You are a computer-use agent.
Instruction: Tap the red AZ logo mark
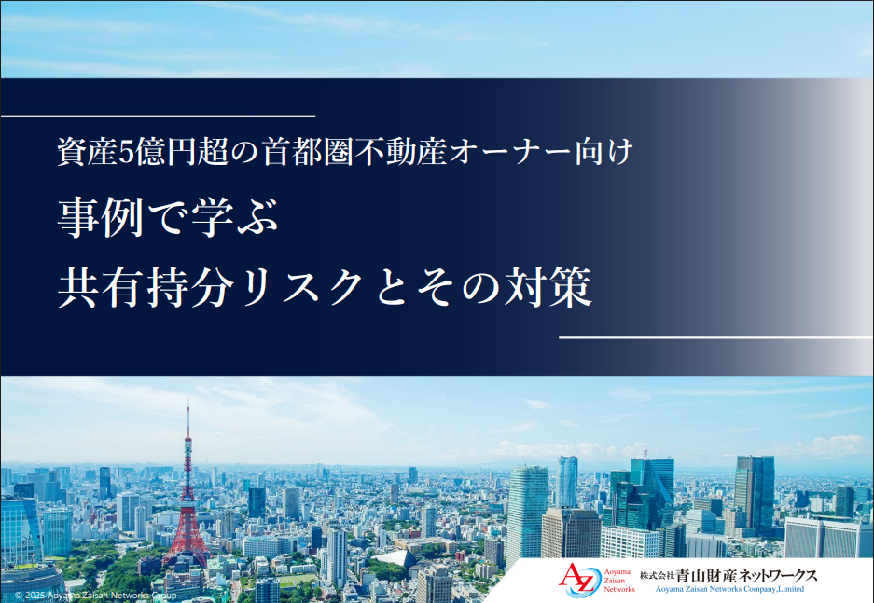(576, 580)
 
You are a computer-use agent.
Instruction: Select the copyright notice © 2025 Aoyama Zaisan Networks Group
(95, 596)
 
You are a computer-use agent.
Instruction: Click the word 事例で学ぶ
(168, 217)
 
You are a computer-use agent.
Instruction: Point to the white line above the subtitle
(158, 116)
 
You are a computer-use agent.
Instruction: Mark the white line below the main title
(716, 337)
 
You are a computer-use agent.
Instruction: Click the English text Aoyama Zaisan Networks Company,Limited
(729, 589)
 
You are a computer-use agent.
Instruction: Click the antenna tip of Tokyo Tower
(187, 400)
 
